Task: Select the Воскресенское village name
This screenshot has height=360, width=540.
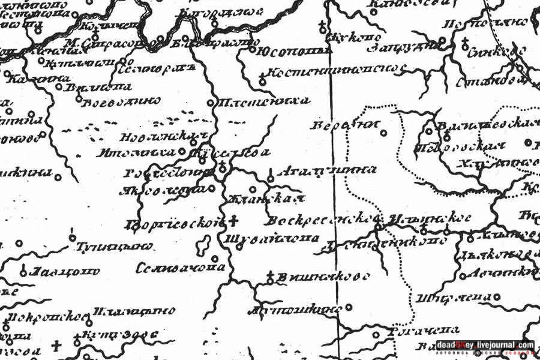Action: coord(324,219)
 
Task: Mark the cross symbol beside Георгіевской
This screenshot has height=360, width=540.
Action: coord(234,220)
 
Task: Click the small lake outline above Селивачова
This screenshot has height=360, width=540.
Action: coord(203,245)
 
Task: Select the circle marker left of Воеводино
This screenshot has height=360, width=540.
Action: coord(79,98)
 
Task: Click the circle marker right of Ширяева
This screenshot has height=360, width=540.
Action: coord(497,297)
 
